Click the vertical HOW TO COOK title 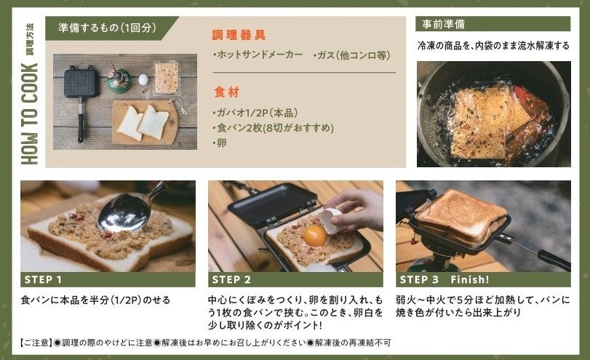click(30, 114)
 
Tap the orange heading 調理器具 click(239, 35)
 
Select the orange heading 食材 click(226, 92)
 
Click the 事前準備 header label click(443, 25)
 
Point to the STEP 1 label click(43, 279)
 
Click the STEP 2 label click(231, 279)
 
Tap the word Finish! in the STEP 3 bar click(470, 279)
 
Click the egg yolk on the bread click(314, 235)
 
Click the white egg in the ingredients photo click(143, 80)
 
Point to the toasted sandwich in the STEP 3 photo click(462, 216)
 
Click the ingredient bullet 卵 click(220, 143)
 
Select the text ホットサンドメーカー click(258, 55)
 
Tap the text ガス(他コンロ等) click(352, 55)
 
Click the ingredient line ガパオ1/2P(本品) click(255, 113)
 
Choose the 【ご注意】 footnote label click(36, 343)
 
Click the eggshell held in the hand click(330, 221)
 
